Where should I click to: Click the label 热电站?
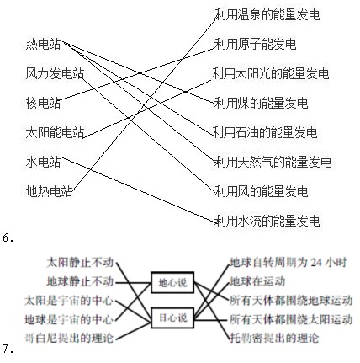[x=43, y=44]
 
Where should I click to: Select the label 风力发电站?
[x=55, y=73]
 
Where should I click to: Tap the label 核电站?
[x=43, y=103]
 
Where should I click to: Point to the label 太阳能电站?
[x=55, y=132]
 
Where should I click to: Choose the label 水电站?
[x=43, y=162]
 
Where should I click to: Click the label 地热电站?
[x=49, y=191]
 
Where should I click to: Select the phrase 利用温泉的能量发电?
[x=267, y=14]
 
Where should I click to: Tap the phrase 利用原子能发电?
[x=255, y=44]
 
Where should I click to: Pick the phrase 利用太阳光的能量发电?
[x=270, y=73]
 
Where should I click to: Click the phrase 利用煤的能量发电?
[x=261, y=103]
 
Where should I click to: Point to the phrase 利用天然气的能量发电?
[x=273, y=162]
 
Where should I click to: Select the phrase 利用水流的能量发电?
[x=267, y=221]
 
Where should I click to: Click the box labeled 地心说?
[x=172, y=282]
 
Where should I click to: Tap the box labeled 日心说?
[x=172, y=318]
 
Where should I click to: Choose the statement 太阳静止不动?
[x=80, y=263]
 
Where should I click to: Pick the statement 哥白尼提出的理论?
[x=69, y=338]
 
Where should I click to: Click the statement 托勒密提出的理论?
[x=274, y=338]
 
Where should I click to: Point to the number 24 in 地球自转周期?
[x=316, y=263]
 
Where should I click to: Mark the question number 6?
[x=8, y=238]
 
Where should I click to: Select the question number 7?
[x=8, y=349]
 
